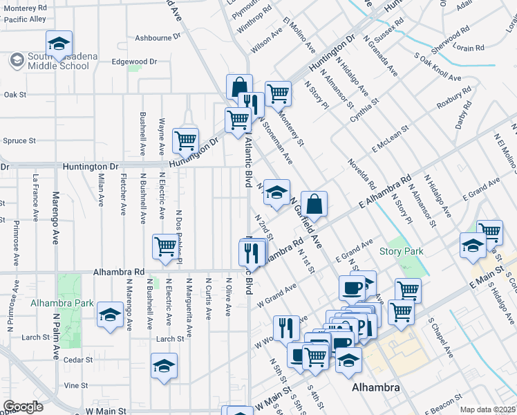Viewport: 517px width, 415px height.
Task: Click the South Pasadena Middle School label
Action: click(x=59, y=61)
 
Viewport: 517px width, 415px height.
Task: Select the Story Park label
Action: click(x=401, y=251)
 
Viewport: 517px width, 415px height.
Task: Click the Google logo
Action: click(x=23, y=407)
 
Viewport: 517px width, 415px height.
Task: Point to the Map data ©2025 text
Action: click(x=488, y=409)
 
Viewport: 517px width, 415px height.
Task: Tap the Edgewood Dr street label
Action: click(x=134, y=62)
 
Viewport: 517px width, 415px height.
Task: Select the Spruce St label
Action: click(x=19, y=140)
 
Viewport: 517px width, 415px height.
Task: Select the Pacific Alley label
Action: click(x=23, y=19)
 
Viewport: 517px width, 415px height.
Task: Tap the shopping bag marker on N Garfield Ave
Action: click(x=314, y=204)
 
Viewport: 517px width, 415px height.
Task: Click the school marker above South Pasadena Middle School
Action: click(x=59, y=42)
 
